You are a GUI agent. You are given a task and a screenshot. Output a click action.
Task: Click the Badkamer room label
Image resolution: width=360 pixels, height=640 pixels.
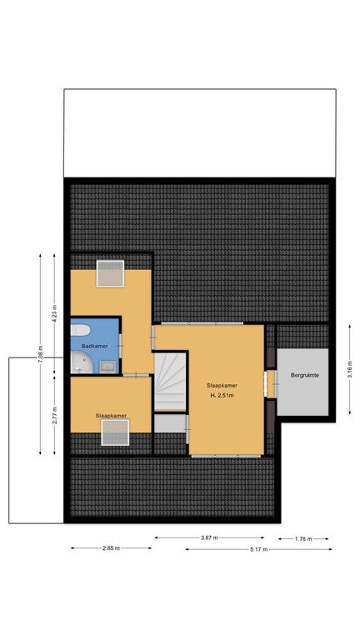pos(95,346)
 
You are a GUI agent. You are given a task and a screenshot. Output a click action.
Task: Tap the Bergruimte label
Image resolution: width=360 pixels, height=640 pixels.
pos(304,375)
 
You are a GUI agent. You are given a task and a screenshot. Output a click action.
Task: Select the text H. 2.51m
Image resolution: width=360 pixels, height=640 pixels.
pos(222,395)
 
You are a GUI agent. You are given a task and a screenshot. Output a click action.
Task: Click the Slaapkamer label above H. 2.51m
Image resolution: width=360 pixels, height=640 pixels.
pos(222,385)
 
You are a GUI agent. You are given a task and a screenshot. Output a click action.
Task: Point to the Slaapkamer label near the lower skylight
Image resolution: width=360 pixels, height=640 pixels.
pos(111,416)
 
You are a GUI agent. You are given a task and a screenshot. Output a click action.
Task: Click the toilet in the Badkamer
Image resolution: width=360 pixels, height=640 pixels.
pos(80,330)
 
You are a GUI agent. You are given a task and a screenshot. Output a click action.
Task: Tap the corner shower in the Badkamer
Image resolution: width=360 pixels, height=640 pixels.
pos(82,362)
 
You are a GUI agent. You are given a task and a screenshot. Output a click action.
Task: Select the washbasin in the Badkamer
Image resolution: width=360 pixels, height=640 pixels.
pos(107,367)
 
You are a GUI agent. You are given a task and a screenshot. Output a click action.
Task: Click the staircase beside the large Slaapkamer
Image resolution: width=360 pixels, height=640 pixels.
pos(170,382)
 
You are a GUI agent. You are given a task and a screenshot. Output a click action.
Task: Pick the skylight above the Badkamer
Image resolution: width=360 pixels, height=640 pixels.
pos(110,273)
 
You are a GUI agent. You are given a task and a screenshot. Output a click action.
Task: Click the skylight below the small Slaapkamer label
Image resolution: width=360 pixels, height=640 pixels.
pos(115,432)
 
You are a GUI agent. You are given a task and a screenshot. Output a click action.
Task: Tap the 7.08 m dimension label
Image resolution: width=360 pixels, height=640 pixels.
pos(40,354)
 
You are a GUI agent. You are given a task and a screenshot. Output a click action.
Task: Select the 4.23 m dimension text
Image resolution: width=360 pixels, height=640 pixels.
pos(55,313)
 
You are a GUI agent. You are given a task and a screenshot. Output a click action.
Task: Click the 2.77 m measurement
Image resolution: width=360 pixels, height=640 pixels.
pos(55,415)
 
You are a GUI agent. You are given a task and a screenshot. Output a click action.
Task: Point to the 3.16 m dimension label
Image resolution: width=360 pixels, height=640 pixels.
pos(350,369)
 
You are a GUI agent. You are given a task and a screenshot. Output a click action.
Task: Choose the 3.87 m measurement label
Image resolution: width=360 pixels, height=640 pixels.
pos(209,537)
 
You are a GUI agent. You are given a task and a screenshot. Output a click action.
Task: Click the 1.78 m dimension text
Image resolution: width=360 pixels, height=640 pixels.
pos(303,539)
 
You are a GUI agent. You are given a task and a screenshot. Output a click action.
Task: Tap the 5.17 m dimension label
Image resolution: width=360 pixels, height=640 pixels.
pos(259,549)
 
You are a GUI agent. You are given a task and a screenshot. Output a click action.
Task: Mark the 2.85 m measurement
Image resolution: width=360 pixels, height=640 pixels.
pos(111,548)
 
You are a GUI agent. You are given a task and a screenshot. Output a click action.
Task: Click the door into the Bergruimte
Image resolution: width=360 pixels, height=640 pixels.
pos(271,383)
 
